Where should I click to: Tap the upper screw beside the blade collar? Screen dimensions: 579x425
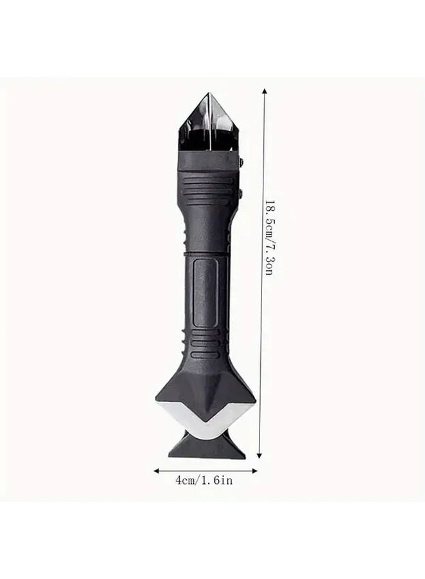click(x=243, y=163)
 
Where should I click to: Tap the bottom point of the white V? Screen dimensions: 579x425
click(x=206, y=430)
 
